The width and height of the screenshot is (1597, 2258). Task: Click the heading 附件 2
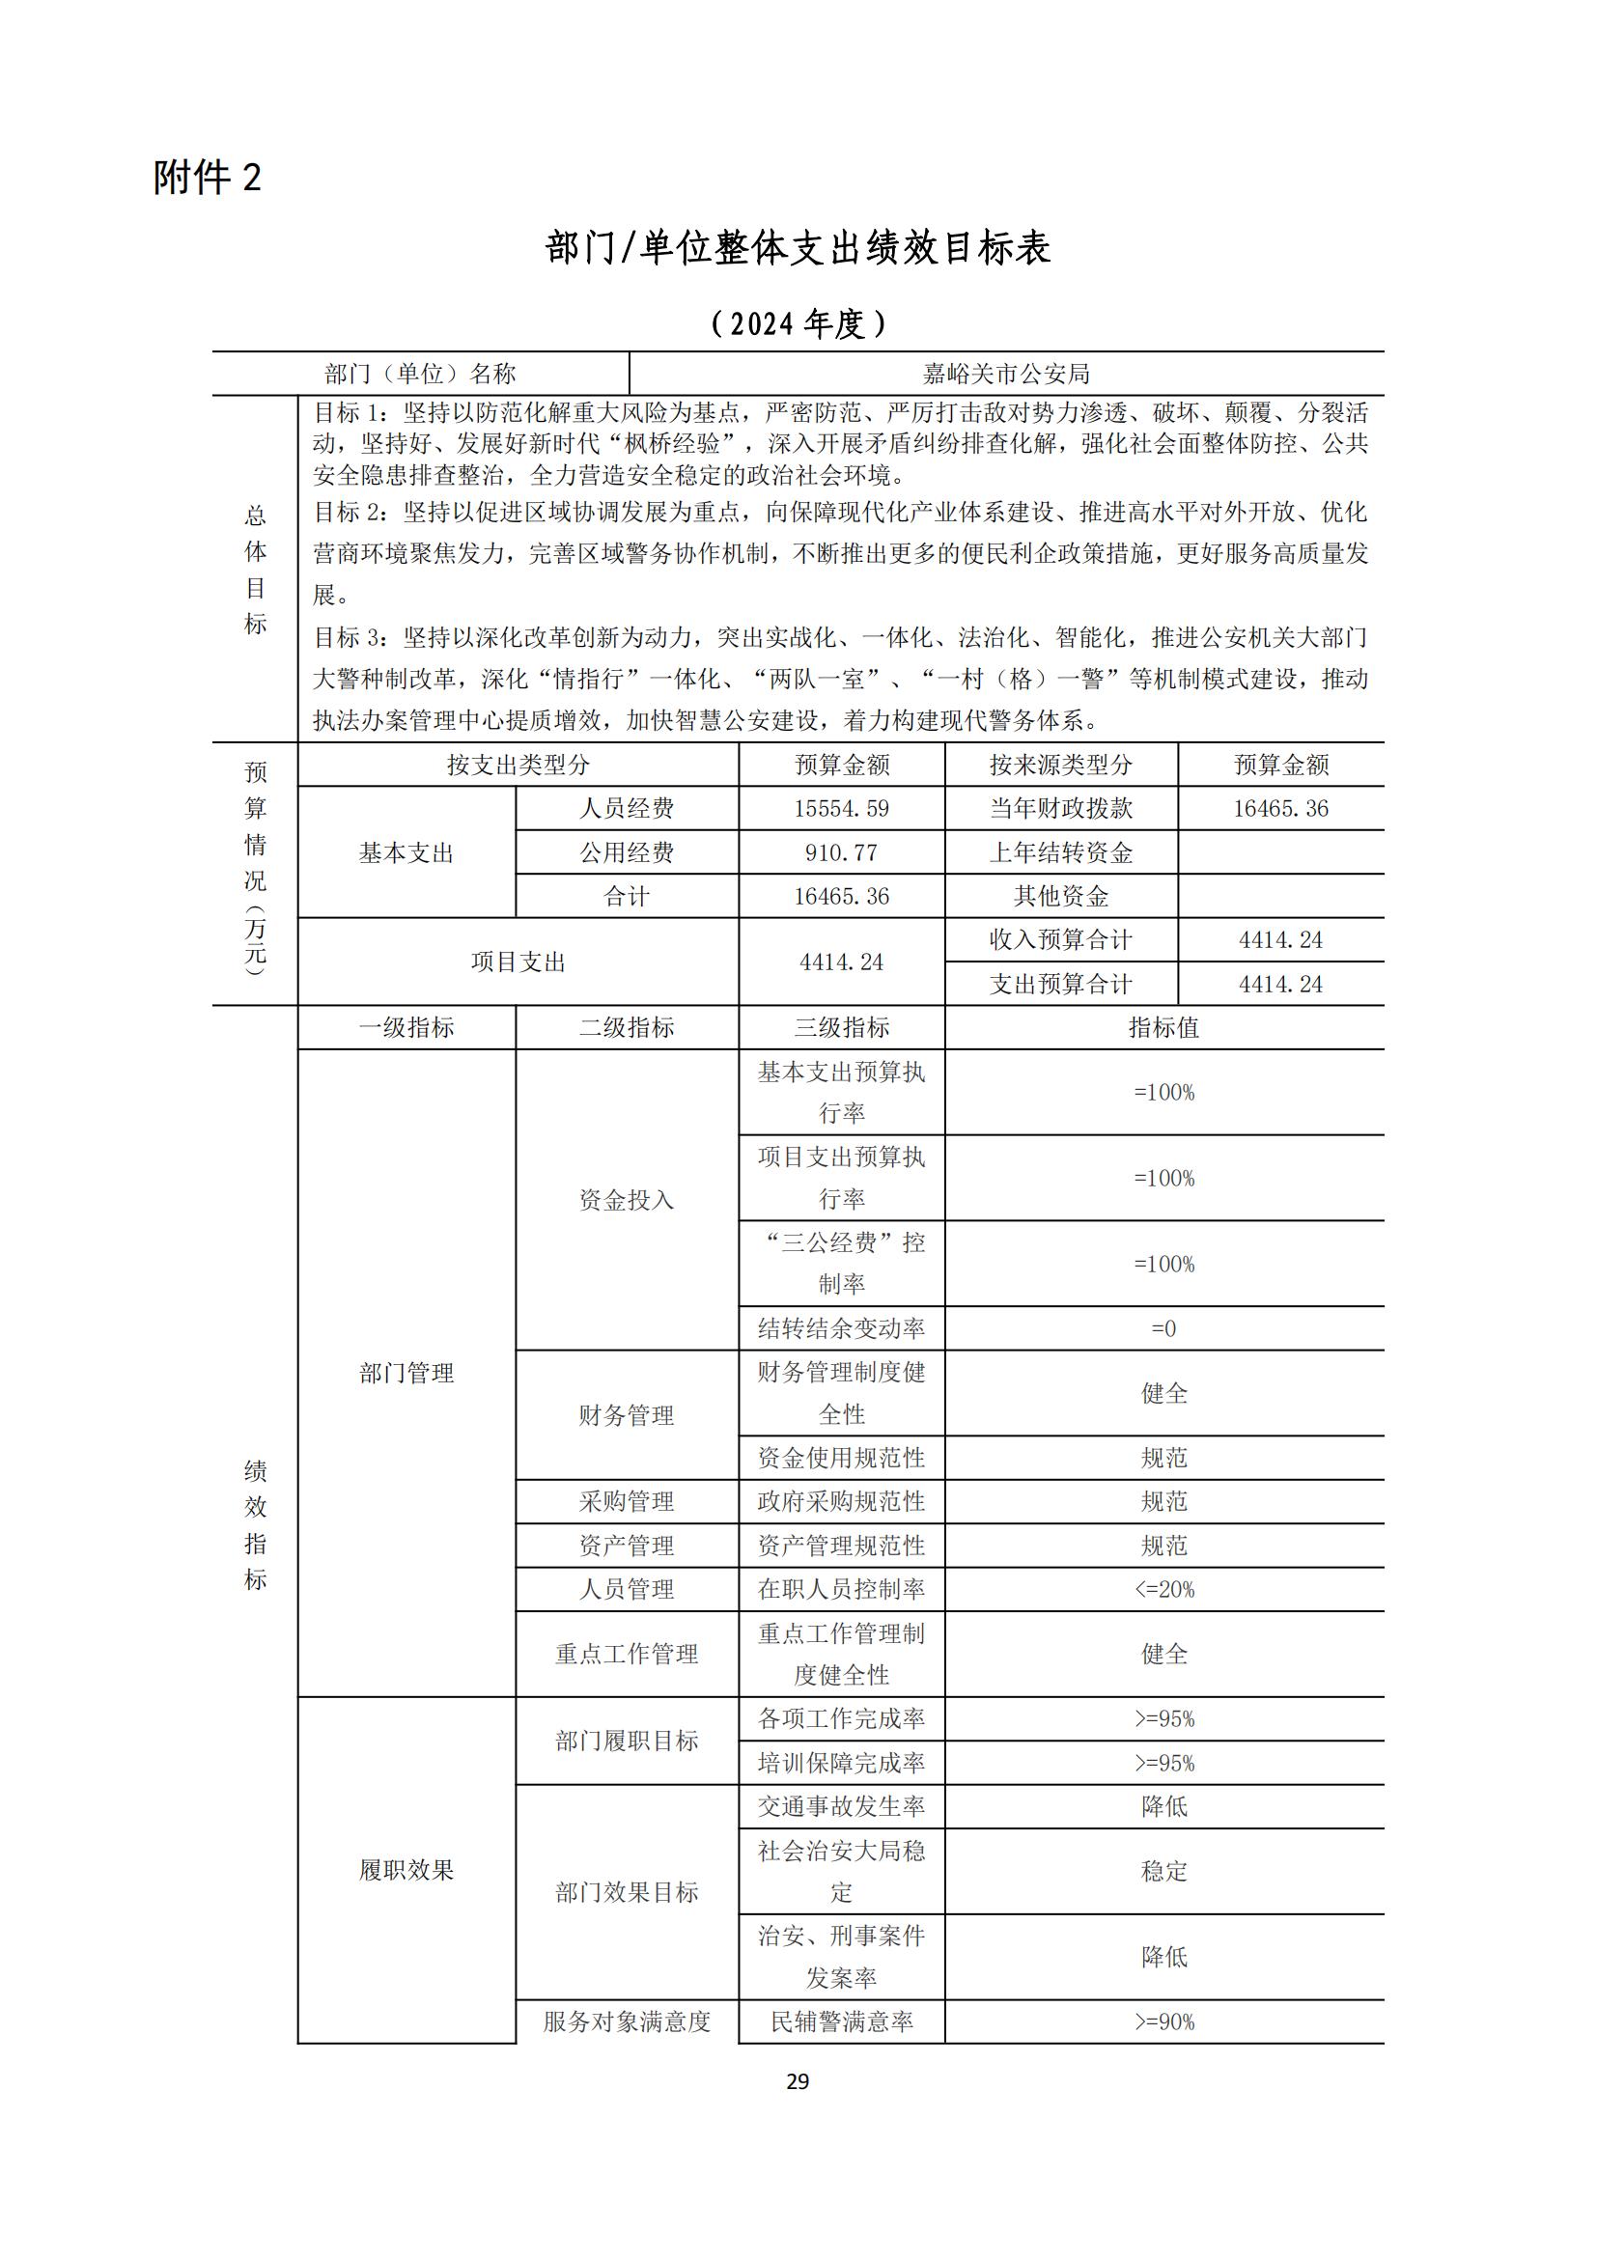click(208, 178)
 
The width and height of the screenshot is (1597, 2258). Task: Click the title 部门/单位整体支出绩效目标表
click(798, 248)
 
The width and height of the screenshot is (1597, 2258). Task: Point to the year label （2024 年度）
click(798, 323)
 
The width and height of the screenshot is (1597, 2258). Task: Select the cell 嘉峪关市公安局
click(1006, 374)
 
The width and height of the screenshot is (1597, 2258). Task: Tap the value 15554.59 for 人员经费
click(841, 808)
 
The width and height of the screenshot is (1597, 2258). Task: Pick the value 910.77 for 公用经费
click(841, 852)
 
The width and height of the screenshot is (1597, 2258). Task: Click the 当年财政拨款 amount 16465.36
click(1280, 808)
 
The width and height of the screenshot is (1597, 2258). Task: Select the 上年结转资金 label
click(1060, 852)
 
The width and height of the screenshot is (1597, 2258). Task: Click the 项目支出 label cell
click(518, 962)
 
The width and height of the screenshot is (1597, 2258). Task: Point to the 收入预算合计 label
click(1060, 940)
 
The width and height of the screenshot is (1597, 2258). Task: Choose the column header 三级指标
click(841, 1028)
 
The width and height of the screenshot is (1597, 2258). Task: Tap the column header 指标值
click(1163, 1028)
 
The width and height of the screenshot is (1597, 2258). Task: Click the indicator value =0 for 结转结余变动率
click(1163, 1328)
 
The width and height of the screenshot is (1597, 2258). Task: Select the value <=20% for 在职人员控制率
click(1163, 1589)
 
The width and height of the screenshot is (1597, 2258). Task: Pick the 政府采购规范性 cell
click(841, 1502)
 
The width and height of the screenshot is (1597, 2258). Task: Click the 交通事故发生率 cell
click(841, 1806)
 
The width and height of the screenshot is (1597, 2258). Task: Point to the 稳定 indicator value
click(1163, 1872)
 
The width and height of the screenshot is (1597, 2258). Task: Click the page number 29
click(798, 2081)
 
